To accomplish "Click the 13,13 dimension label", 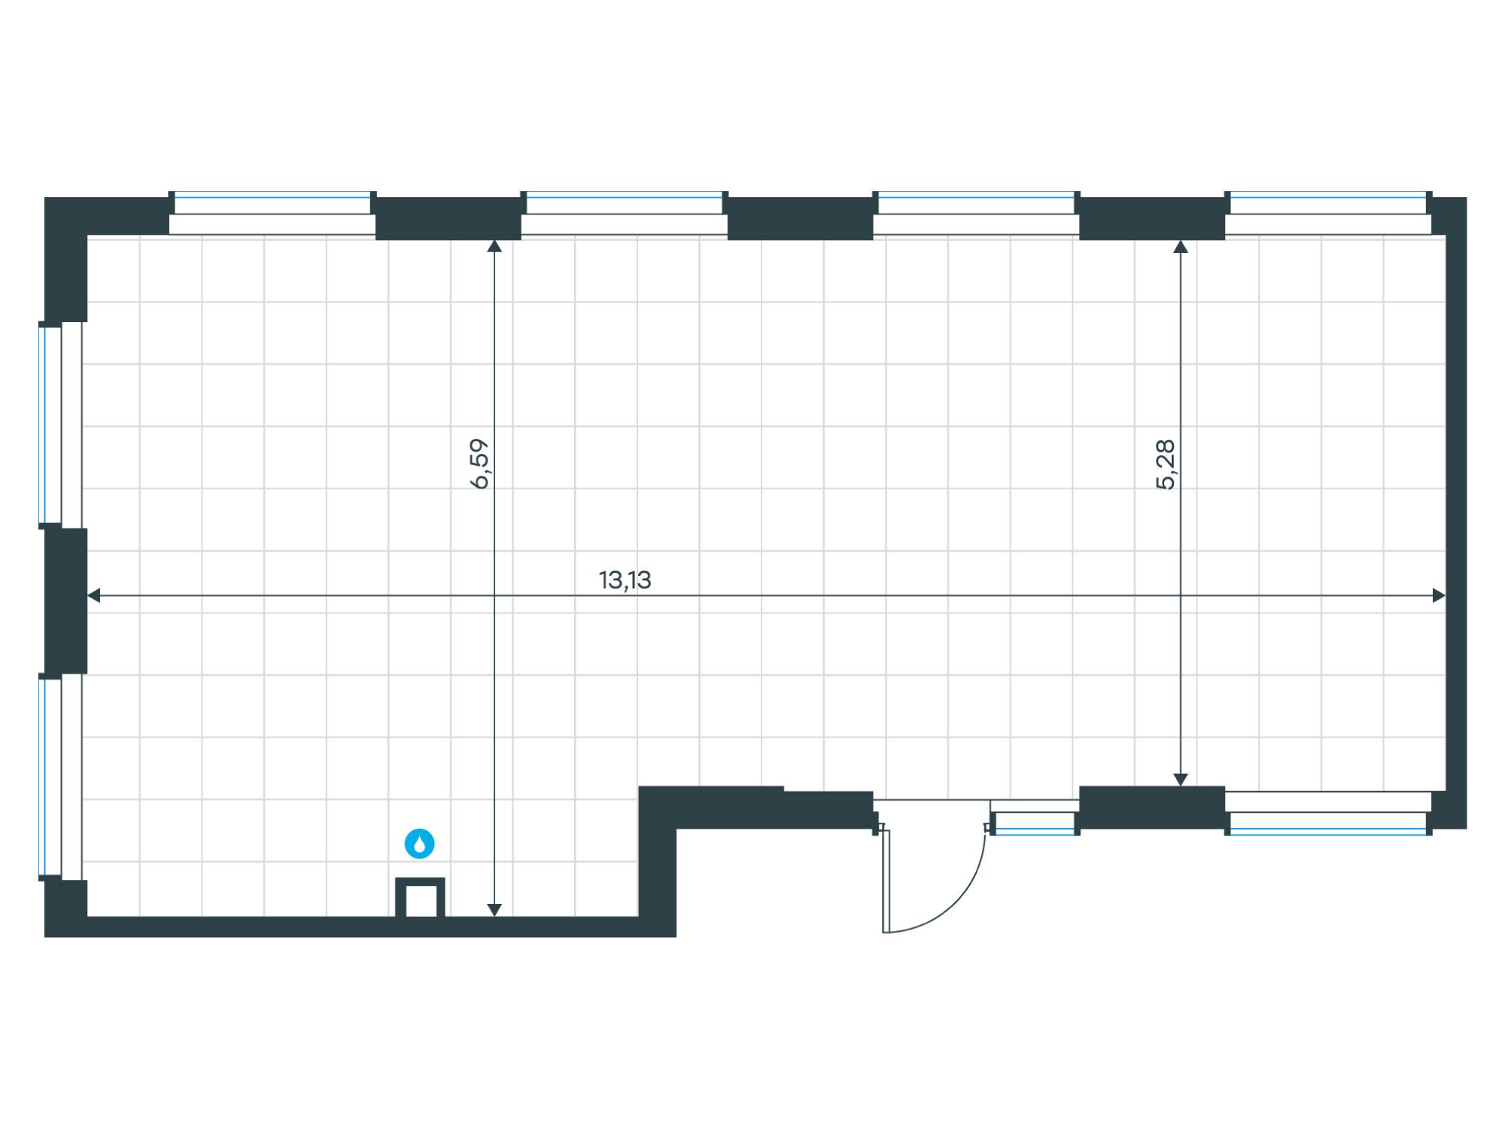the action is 625,580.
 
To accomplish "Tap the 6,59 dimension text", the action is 479,464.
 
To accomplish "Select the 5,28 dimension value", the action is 1165,464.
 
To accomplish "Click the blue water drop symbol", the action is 420,844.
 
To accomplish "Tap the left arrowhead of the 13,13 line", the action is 93,595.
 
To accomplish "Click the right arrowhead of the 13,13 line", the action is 1439,595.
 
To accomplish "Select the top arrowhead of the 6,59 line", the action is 494,246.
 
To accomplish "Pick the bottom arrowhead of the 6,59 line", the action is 494,910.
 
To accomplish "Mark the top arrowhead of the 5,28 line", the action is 1181,246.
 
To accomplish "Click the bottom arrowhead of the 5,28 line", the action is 1181,780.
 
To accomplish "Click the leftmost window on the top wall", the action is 272,213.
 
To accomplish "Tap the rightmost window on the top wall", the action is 1328,213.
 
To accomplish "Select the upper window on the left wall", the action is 60,425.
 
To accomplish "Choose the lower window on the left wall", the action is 60,777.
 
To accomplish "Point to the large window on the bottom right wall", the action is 1328,813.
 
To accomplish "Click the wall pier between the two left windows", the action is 66,601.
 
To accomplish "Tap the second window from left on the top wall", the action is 625,213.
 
